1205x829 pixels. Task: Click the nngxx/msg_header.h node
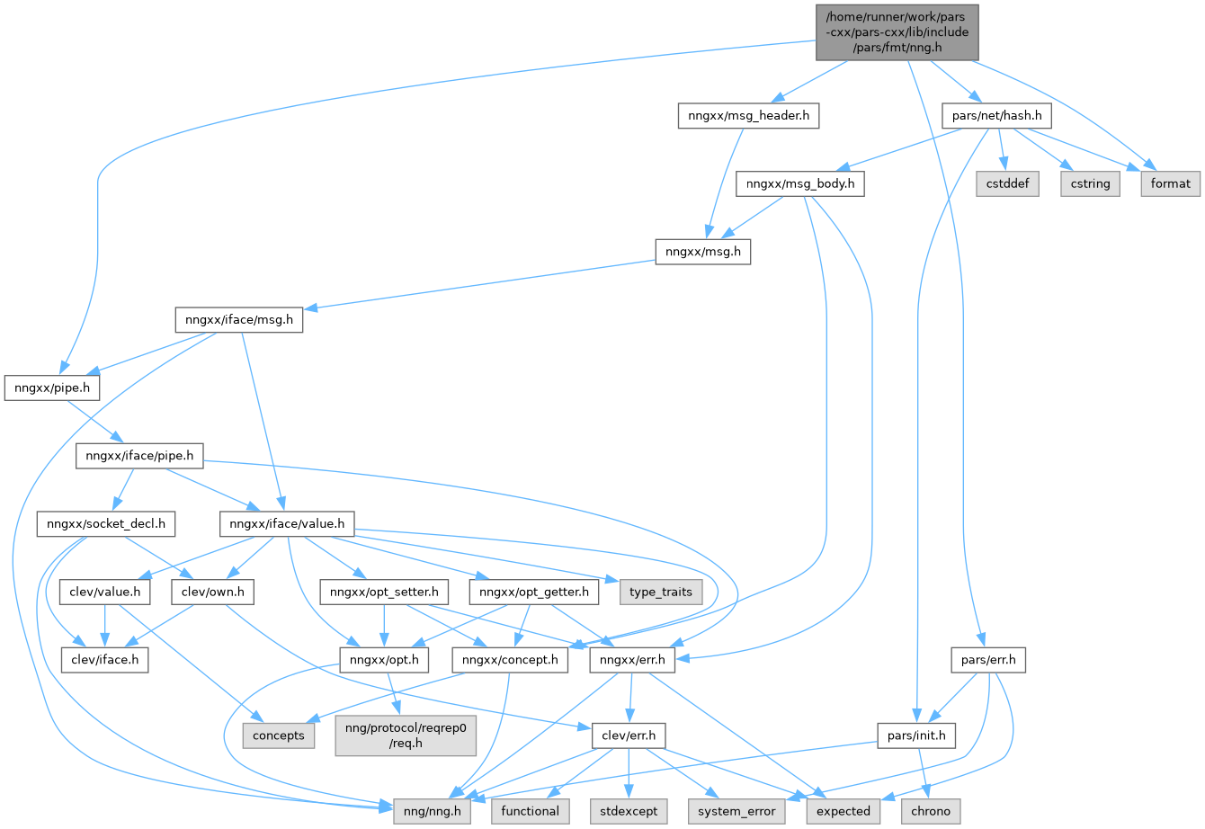pyautogui.click(x=747, y=116)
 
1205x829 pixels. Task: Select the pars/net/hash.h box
pyautogui.click(x=996, y=116)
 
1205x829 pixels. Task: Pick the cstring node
pyautogui.click(x=1090, y=183)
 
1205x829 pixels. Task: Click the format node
pyautogui.click(x=1171, y=183)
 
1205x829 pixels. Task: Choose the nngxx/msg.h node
pyautogui.click(x=702, y=252)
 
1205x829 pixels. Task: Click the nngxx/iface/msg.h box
pyautogui.click(x=238, y=319)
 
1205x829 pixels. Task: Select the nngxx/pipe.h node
pyautogui.click(x=52, y=388)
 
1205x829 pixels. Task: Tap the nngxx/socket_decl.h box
pyautogui.click(x=106, y=523)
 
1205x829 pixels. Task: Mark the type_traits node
pyautogui.click(x=661, y=593)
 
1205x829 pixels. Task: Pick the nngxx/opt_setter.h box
pyautogui.click(x=384, y=593)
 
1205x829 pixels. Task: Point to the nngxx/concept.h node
pyautogui.click(x=511, y=661)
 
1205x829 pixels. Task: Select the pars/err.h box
pyautogui.click(x=987, y=661)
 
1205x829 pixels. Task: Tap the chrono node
pyautogui.click(x=931, y=810)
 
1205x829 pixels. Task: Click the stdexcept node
pyautogui.click(x=629, y=810)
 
